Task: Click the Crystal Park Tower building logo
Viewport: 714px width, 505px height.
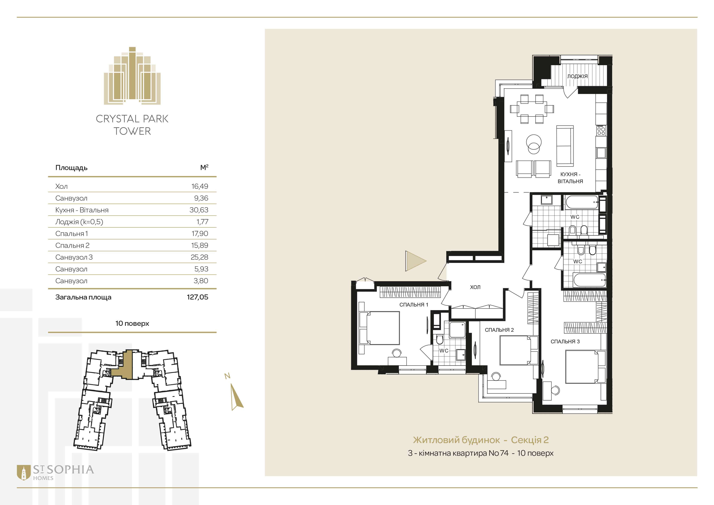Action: pyautogui.click(x=132, y=76)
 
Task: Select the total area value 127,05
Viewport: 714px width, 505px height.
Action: pyautogui.click(x=197, y=297)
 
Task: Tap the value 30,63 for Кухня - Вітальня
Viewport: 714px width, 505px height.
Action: pyautogui.click(x=199, y=210)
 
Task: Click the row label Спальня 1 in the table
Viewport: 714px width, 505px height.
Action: pyautogui.click(x=71, y=234)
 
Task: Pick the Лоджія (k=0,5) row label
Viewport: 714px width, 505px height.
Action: pyautogui.click(x=79, y=222)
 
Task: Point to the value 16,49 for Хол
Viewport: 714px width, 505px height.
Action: pyautogui.click(x=200, y=186)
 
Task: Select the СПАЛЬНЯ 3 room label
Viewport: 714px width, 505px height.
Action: pyautogui.click(x=565, y=341)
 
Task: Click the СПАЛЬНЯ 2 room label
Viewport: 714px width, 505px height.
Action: pyautogui.click(x=499, y=330)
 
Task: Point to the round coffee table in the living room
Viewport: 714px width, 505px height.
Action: pyautogui.click(x=534, y=144)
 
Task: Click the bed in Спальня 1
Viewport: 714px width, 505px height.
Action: pyautogui.click(x=379, y=328)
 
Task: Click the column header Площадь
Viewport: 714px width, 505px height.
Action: pyautogui.click(x=71, y=168)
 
